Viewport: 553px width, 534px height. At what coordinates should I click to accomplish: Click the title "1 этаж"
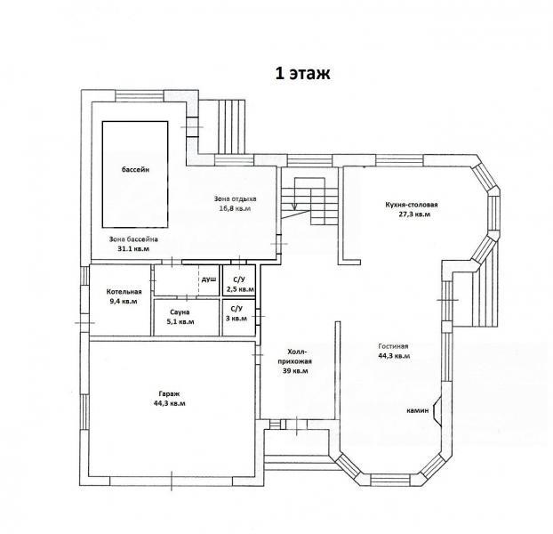(302, 73)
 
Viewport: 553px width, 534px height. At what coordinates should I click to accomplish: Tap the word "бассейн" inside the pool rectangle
(135, 169)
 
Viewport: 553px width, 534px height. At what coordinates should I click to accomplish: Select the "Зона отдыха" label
(236, 198)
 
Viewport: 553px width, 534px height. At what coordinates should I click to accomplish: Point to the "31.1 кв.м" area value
(133, 249)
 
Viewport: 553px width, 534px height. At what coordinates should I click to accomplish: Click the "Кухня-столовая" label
(412, 205)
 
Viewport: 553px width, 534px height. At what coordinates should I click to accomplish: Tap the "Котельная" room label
(124, 292)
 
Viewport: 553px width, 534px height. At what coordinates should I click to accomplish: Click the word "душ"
(209, 279)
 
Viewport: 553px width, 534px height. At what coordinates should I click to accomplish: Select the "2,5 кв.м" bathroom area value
(239, 289)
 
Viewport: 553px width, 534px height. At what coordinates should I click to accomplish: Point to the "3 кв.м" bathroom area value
(236, 318)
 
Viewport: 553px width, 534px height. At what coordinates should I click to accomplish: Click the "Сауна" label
(180, 312)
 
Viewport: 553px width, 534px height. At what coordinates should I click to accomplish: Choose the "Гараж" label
(169, 394)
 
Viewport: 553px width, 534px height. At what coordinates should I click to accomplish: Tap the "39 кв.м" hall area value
(295, 371)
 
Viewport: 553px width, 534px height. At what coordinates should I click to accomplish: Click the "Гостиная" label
(393, 346)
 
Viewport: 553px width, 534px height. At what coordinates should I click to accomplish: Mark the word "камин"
(418, 410)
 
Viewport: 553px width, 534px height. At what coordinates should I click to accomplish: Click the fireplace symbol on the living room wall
(437, 411)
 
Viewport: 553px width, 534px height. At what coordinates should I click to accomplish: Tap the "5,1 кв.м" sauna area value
(180, 321)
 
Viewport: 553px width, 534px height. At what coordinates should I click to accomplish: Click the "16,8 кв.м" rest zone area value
(236, 208)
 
